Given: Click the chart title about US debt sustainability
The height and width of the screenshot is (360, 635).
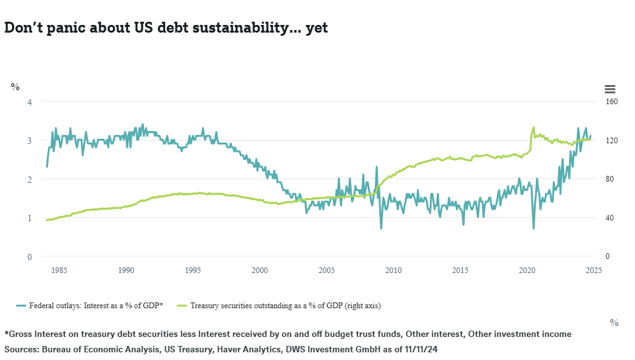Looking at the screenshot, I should point(166,28).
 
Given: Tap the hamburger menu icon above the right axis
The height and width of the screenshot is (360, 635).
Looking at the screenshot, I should point(609,90).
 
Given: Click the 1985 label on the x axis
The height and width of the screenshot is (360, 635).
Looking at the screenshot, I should point(59,270).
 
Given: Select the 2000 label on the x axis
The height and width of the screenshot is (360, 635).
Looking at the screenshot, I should point(260,270).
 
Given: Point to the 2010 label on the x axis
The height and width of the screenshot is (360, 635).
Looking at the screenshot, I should point(393,270).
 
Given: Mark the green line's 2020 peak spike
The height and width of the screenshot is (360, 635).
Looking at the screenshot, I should point(533,127).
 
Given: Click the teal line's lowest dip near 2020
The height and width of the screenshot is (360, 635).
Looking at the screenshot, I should point(533,228).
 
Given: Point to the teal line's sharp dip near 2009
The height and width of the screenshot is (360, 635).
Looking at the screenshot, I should point(381,228).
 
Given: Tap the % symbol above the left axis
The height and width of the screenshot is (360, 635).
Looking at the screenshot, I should point(15,87).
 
